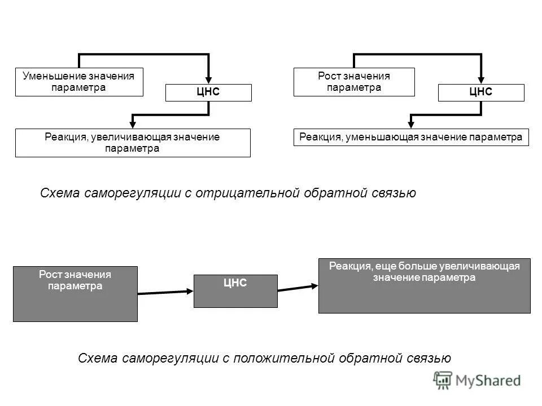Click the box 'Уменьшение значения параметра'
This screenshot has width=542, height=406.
(79, 82)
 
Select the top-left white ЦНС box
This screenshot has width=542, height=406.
(208, 92)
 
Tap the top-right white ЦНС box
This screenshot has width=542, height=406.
(481, 92)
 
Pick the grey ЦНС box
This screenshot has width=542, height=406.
(235, 291)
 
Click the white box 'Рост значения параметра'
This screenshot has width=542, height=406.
(354, 82)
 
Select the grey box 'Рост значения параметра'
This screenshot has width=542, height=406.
(75, 294)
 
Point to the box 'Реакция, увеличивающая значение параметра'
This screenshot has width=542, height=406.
(133, 143)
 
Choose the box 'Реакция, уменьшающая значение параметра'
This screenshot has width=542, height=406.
(411, 138)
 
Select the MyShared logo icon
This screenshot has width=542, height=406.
(444, 380)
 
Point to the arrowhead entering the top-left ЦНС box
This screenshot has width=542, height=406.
(208, 80)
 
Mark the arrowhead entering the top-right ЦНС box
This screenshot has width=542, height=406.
(481, 80)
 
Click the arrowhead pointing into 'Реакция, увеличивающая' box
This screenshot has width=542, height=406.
(133, 123)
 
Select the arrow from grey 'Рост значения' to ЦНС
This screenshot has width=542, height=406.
(165, 292)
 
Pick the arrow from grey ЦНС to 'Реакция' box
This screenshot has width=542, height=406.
(298, 287)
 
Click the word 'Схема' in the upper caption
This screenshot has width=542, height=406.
(60, 193)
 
